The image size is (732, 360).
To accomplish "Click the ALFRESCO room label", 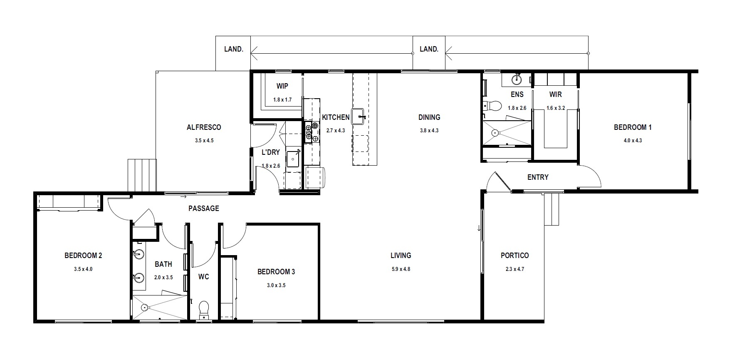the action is click(x=204, y=127).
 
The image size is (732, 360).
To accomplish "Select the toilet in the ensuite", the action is click(x=493, y=106).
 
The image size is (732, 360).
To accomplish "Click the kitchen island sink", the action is click(x=359, y=116).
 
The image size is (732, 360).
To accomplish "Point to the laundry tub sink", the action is click(x=294, y=159).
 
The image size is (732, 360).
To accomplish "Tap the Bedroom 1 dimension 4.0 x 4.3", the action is click(x=633, y=141).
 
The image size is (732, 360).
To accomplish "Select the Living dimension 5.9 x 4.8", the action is click(x=401, y=269).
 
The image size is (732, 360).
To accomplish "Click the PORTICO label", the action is click(x=515, y=256).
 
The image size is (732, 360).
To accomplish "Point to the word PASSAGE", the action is click(x=204, y=209).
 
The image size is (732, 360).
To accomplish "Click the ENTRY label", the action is click(x=538, y=177).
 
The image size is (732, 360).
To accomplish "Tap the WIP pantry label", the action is click(x=282, y=86).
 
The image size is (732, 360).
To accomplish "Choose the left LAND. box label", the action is click(x=233, y=49).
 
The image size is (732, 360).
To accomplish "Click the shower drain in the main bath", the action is click(x=144, y=308).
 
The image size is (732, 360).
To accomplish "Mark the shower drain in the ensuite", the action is click(x=495, y=133).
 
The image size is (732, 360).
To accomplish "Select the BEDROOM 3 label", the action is click(x=276, y=272).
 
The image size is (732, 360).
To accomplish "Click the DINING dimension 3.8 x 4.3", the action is click(x=429, y=131).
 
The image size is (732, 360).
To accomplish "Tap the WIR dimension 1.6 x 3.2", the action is click(x=556, y=108).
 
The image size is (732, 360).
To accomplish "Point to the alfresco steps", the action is click(x=141, y=175).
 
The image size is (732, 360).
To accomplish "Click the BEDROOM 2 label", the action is click(x=83, y=256).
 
